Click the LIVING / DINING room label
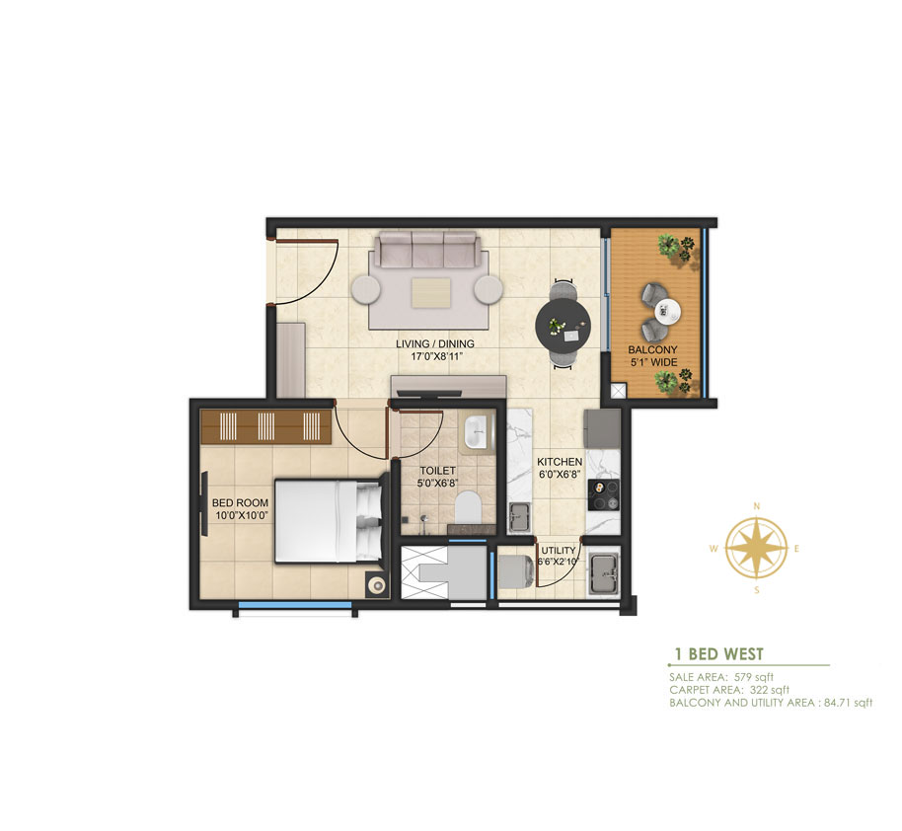[x=435, y=344]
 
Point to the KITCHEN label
[x=560, y=462]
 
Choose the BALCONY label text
[x=653, y=349]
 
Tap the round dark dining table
[x=564, y=322]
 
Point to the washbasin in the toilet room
[x=477, y=431]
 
